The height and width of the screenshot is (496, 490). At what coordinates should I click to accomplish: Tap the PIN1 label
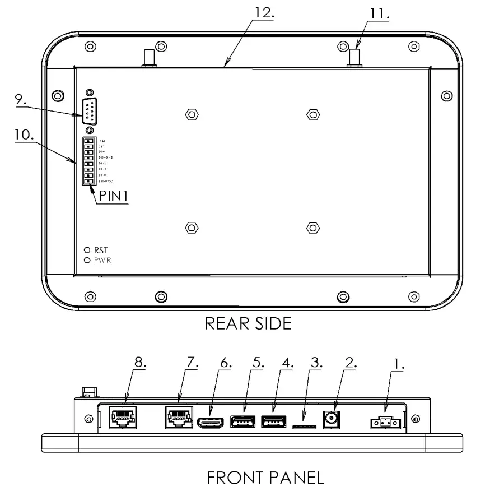113,197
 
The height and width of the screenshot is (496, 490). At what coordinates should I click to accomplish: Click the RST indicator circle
87,251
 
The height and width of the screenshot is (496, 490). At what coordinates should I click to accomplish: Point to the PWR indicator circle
87,260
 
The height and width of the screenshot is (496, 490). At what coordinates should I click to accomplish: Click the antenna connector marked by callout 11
354,57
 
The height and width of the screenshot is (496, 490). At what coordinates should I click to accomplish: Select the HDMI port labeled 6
211,421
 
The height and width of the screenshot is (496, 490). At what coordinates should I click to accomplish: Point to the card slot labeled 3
304,427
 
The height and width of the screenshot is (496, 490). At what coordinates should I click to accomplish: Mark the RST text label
101,251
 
